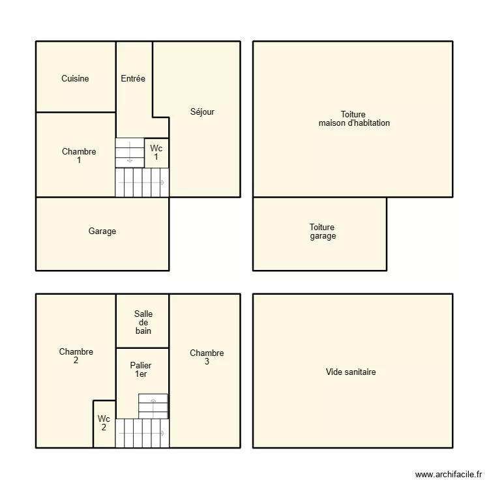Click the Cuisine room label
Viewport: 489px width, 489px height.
click(x=75, y=78)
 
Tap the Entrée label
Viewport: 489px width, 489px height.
click(x=133, y=78)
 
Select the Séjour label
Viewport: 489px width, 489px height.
click(x=202, y=111)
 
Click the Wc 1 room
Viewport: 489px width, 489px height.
click(x=156, y=153)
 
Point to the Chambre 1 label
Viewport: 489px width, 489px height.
click(x=79, y=156)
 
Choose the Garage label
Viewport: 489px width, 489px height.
click(x=102, y=231)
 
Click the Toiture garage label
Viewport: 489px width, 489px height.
click(x=323, y=231)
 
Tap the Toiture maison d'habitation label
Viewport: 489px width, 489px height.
click(x=354, y=119)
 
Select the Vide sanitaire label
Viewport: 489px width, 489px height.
click(x=351, y=372)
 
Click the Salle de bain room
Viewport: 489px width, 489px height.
click(x=143, y=321)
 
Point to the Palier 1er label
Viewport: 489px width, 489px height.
click(x=141, y=370)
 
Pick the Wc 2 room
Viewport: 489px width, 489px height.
click(x=104, y=424)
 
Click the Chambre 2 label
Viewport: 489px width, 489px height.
click(x=76, y=356)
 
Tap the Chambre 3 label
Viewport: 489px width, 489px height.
click(x=207, y=357)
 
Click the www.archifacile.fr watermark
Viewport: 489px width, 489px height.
click(x=449, y=475)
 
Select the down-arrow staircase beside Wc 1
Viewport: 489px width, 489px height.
click(x=130, y=153)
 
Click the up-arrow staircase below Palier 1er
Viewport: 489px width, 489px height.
click(x=153, y=406)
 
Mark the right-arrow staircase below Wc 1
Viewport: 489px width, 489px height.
click(x=142, y=183)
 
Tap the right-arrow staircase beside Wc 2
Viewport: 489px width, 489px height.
click(x=142, y=433)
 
